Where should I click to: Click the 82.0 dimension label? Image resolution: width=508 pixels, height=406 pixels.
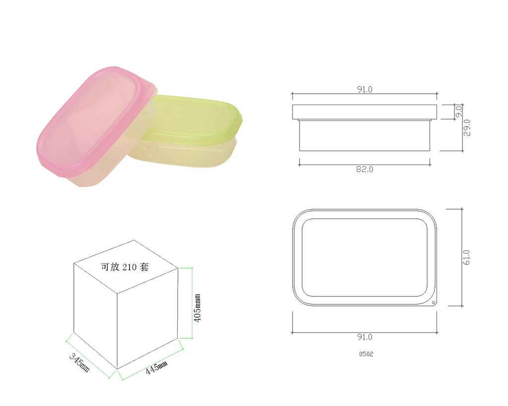click(365, 170)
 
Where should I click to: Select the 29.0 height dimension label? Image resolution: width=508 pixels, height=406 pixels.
click(467, 127)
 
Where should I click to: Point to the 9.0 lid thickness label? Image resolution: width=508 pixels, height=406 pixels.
click(459, 112)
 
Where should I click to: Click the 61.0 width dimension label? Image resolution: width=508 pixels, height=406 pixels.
click(466, 257)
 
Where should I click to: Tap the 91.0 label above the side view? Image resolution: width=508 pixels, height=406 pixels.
click(365, 89)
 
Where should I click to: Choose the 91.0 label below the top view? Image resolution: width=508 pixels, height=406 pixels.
click(365, 337)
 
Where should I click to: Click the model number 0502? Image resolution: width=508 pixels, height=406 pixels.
click(366, 354)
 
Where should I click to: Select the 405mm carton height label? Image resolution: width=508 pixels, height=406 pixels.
click(197, 308)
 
